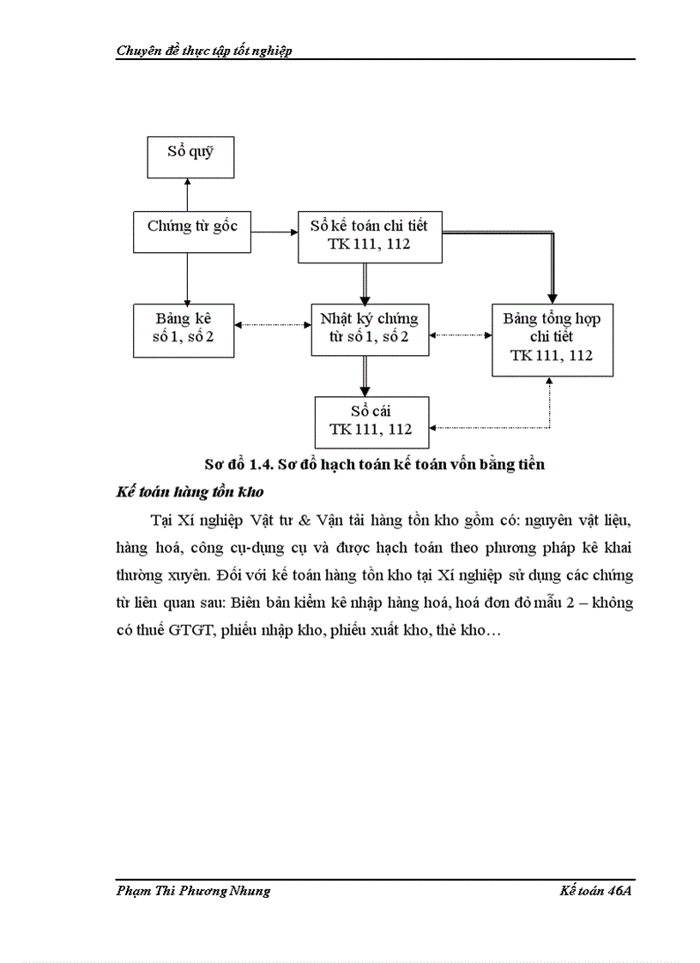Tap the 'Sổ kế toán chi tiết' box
[369, 236]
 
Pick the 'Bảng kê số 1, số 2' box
[184, 329]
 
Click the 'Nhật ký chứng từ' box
[369, 329]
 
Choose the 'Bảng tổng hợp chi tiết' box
[551, 339]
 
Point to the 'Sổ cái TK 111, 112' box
[371, 421]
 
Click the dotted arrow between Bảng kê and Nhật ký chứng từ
[273, 325]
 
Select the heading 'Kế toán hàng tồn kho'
[189, 492]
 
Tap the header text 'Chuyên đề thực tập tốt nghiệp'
[204, 51]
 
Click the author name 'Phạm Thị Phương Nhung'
[193, 891]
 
